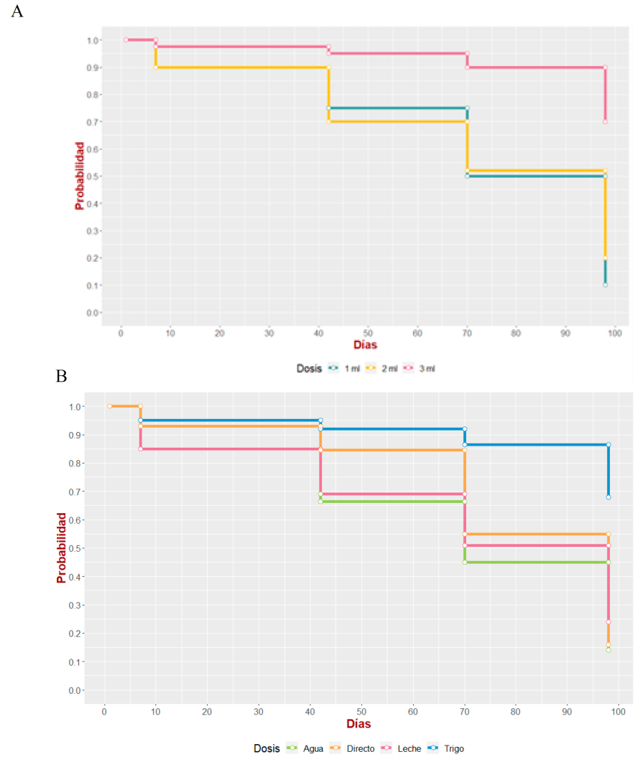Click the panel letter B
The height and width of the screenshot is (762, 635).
61,375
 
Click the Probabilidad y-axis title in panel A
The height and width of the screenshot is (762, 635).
80,176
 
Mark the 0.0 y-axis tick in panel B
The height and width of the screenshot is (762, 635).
75,690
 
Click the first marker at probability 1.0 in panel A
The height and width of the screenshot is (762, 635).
126,40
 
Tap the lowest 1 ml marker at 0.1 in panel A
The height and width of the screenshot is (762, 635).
606,285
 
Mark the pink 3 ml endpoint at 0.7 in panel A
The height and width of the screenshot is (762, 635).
606,121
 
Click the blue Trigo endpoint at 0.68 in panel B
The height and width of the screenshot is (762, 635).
608,497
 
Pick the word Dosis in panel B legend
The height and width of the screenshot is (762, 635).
266,748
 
